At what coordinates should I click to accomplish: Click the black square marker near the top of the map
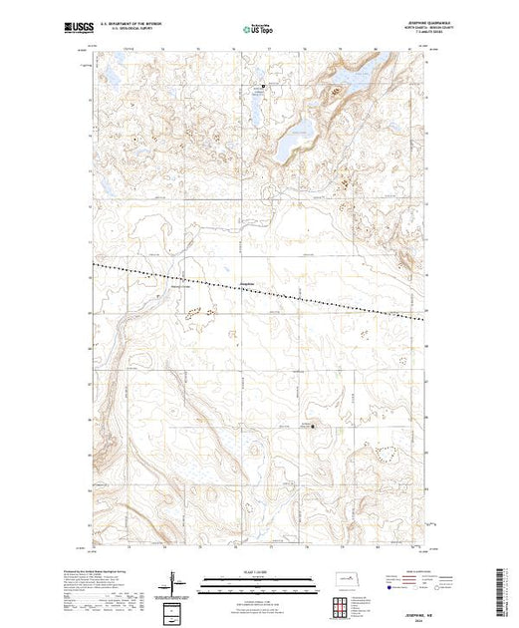click(264, 87)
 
